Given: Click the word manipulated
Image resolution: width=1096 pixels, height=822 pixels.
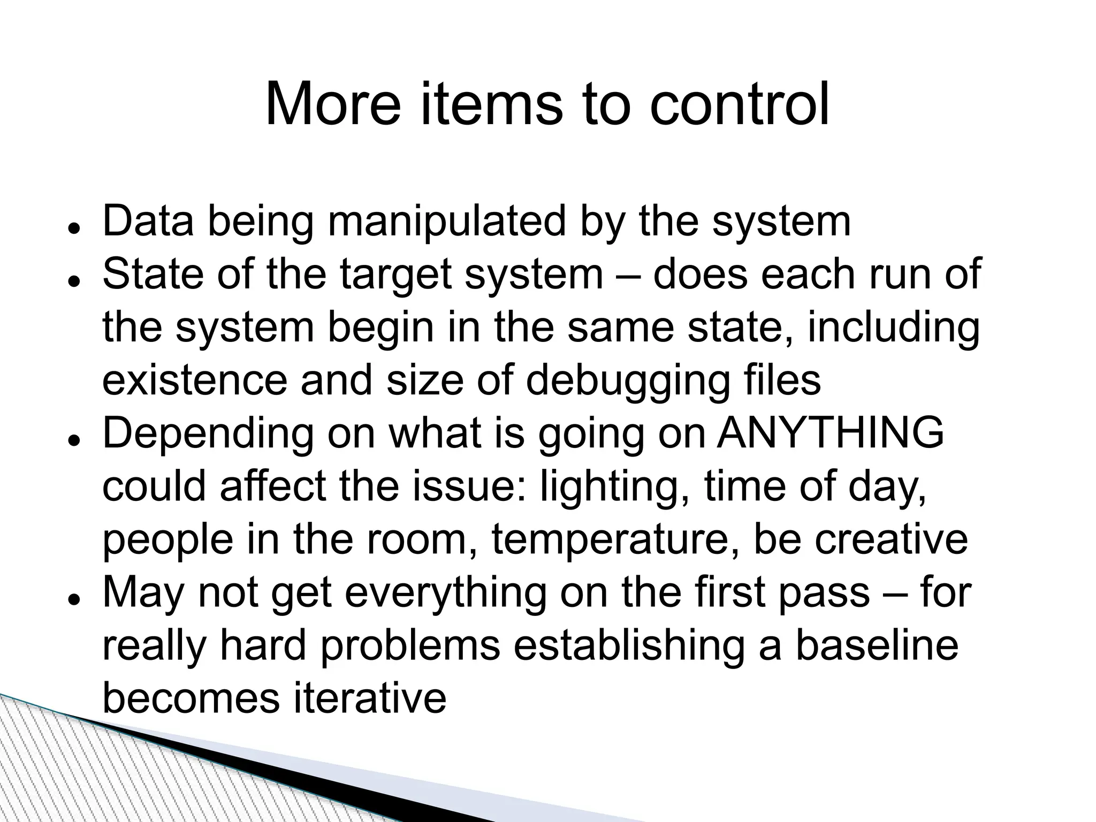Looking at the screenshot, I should pos(446,222).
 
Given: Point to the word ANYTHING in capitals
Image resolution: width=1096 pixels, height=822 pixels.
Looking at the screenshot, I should pos(830,433).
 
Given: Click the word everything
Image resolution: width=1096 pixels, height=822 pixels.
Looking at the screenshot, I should pos(445,593).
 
